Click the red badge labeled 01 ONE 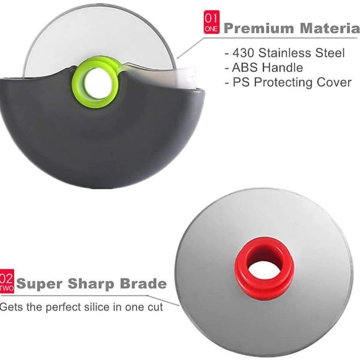(x=211, y=22)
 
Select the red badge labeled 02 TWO (x=7, y=281)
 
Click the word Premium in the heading (x=259, y=28)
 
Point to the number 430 (x=243, y=53)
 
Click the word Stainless (x=285, y=53)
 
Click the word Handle (x=283, y=67)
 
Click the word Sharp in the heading (x=91, y=284)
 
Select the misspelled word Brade (x=143, y=283)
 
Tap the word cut (x=155, y=307)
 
